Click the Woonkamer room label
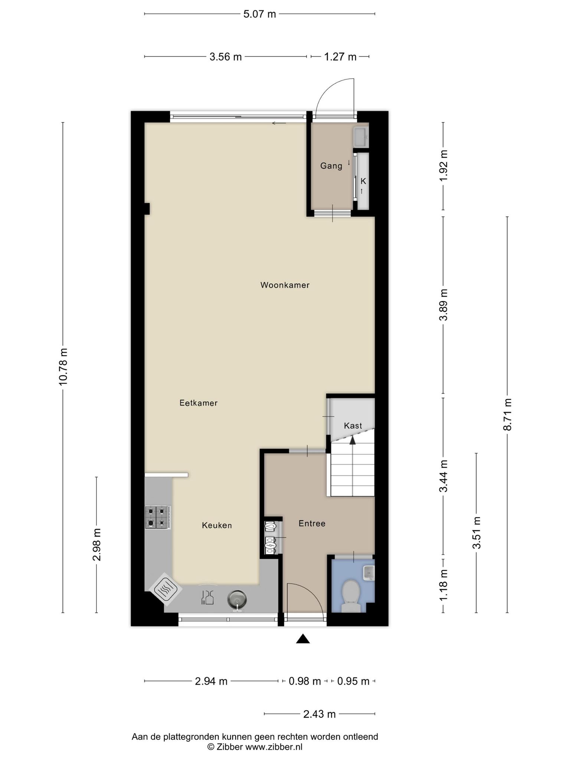tap(285, 285)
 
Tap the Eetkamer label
tap(199, 403)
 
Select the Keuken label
tap(217, 525)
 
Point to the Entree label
tap(312, 523)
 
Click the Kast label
tap(353, 426)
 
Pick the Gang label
tap(331, 166)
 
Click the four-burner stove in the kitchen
tap(158, 517)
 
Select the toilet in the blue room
tap(351, 596)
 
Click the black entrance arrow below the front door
tap(303, 639)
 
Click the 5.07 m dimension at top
tap(260, 14)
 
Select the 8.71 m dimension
tap(507, 414)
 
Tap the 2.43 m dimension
tap(320, 714)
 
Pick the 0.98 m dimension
tap(305, 681)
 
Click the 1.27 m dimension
tap(340, 57)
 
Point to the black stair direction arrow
tap(353, 440)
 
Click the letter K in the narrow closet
tap(363, 181)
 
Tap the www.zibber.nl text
tap(274, 747)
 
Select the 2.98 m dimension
tap(97, 544)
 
